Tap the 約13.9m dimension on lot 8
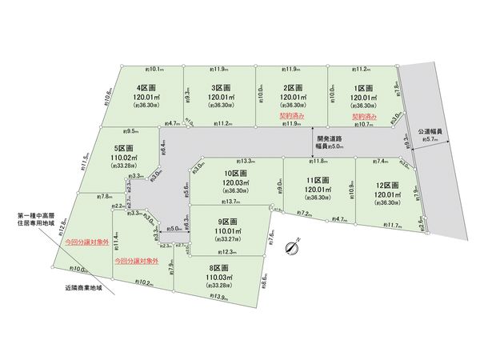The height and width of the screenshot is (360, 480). tap(216, 297)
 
